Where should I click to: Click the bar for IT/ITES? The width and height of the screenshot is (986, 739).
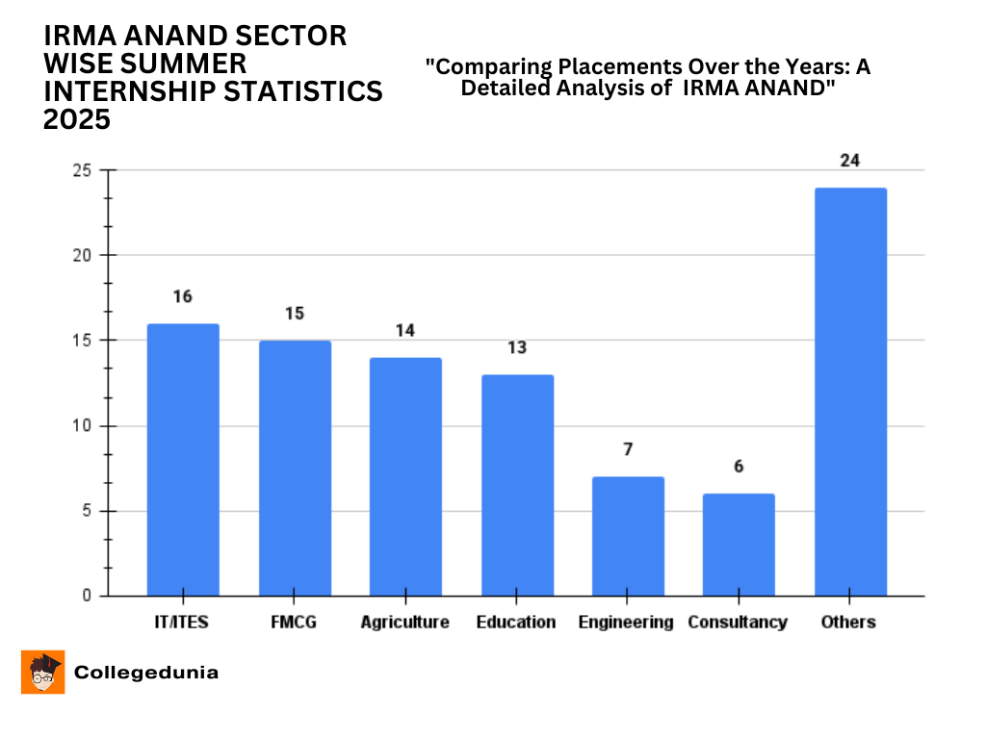pyautogui.click(x=183, y=460)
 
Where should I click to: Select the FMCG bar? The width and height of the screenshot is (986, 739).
pyautogui.click(x=295, y=469)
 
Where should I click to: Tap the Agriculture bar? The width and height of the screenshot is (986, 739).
pyautogui.click(x=405, y=477)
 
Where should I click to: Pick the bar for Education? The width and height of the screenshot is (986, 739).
pyautogui.click(x=517, y=485)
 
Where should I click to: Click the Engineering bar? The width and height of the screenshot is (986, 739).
pyautogui.click(x=628, y=536)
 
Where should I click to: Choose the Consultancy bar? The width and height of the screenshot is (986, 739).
pyautogui.click(x=739, y=545)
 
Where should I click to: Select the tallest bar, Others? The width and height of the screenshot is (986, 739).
pyautogui.click(x=850, y=392)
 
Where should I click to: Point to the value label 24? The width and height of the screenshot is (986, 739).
pyautogui.click(x=850, y=161)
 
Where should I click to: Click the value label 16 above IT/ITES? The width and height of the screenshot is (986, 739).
pyautogui.click(x=183, y=296)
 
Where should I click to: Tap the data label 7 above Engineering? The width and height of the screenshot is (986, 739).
pyautogui.click(x=628, y=449)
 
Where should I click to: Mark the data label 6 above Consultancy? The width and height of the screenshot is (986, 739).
pyautogui.click(x=739, y=467)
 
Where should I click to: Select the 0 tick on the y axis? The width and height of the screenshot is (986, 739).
pyautogui.click(x=87, y=596)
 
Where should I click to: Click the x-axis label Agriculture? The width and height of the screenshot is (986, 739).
pyautogui.click(x=405, y=623)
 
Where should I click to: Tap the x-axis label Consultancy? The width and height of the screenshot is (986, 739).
pyautogui.click(x=738, y=623)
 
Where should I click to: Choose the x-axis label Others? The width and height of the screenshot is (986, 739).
pyautogui.click(x=848, y=623)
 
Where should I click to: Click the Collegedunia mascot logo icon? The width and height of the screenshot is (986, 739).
pyautogui.click(x=43, y=673)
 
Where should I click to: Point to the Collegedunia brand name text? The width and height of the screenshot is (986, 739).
pyautogui.click(x=146, y=673)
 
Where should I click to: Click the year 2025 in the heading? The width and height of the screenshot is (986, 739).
pyautogui.click(x=77, y=119)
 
